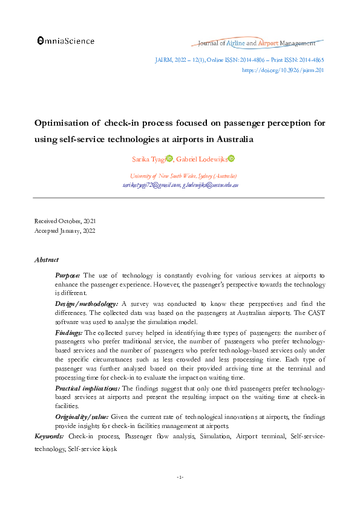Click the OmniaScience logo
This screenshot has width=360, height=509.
66,41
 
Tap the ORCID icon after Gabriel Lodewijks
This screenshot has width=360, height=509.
231,158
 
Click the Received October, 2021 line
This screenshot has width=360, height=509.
65,221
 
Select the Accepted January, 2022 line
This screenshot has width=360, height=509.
65,230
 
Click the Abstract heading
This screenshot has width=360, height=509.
46,260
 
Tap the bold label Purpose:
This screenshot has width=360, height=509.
68,276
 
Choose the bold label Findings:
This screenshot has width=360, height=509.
69,332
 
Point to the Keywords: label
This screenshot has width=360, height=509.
50,436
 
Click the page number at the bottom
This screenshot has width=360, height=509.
180,478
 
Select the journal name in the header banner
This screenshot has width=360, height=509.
257,43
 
